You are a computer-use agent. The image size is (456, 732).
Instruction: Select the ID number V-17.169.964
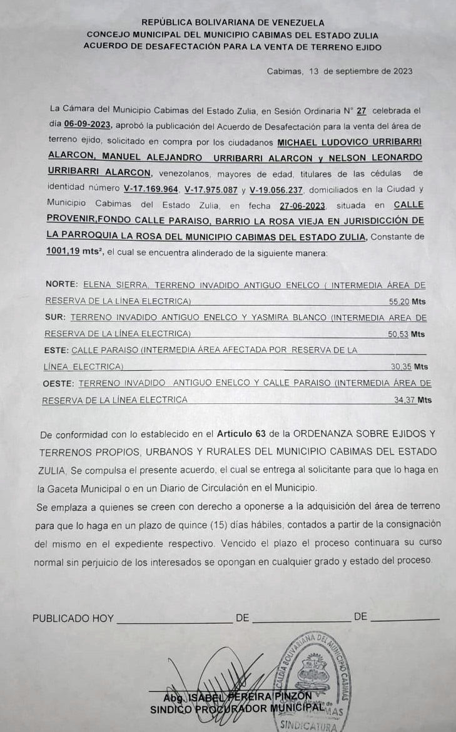tap(152, 188)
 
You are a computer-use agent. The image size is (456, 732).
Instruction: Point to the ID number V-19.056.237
tap(276, 188)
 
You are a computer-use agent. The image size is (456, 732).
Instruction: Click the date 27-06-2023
tap(303, 205)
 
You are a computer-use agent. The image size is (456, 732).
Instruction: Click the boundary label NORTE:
tap(63, 285)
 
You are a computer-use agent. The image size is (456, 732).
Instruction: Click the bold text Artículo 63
tap(240, 433)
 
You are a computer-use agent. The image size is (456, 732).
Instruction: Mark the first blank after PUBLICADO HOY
tap(174, 618)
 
